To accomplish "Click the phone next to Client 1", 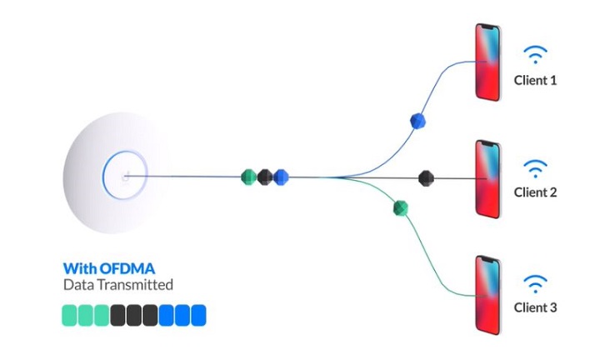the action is pyautogui.click(x=487, y=62).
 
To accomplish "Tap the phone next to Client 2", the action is pyautogui.click(x=487, y=179).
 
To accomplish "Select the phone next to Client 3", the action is pyautogui.click(x=487, y=295).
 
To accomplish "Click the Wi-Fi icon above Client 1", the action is pyautogui.click(x=535, y=54).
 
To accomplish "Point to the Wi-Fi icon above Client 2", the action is pyautogui.click(x=535, y=168).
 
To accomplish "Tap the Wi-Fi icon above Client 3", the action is pyautogui.click(x=535, y=283).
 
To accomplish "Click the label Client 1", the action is pyautogui.click(x=535, y=80).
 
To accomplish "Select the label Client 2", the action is pyautogui.click(x=535, y=192).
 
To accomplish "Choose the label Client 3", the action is pyautogui.click(x=535, y=307).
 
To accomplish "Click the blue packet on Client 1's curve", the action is pyautogui.click(x=417, y=121).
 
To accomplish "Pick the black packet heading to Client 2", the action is pyautogui.click(x=426, y=178).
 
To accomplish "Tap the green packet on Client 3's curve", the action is pyautogui.click(x=401, y=208).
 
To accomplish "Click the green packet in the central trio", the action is pyautogui.click(x=248, y=177).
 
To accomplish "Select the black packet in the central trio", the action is pyautogui.click(x=265, y=177).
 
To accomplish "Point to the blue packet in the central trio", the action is pyautogui.click(x=281, y=177).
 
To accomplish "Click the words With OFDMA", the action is pyautogui.click(x=109, y=268).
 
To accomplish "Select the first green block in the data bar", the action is pyautogui.click(x=69, y=316).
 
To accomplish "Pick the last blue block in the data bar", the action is pyautogui.click(x=198, y=316).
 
